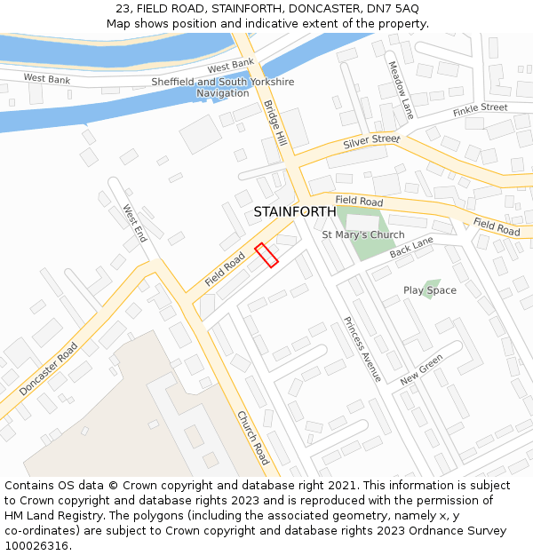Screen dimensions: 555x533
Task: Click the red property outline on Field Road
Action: point(266,255)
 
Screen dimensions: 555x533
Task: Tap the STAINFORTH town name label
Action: point(295,212)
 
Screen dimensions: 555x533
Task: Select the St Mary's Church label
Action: point(362,235)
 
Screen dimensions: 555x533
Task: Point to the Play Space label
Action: point(430,290)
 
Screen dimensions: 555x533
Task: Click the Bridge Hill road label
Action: point(275,123)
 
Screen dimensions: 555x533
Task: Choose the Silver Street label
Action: point(371,141)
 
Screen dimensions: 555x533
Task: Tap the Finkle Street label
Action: point(480,109)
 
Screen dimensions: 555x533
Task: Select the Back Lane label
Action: point(410,248)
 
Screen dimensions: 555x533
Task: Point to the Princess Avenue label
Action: point(362,349)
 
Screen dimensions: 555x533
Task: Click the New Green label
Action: point(421,369)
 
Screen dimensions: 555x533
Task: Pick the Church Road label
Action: point(252,438)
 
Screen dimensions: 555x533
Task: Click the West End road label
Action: point(135,223)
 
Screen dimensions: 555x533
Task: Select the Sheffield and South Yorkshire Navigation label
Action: point(222,87)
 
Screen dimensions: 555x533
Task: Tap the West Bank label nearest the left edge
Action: point(46,79)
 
